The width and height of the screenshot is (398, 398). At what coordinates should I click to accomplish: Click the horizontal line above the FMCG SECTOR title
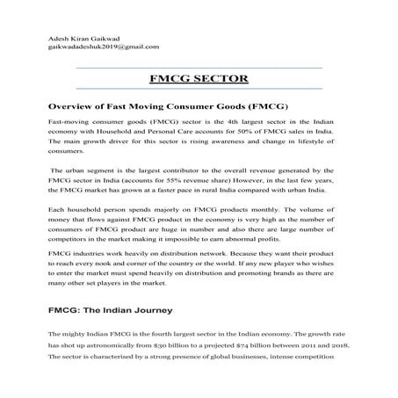coord(199,67)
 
